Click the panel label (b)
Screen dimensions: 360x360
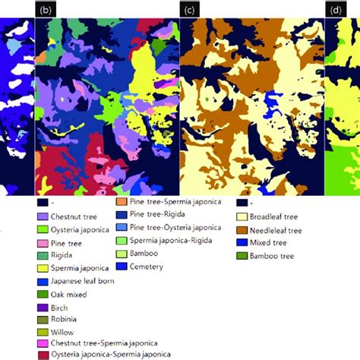pyautogui.click(x=46, y=10)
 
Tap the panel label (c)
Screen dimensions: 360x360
pyautogui.click(x=190, y=10)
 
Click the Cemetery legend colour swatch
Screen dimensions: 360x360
pyautogui.click(x=120, y=267)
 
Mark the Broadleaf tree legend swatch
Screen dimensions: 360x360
pyautogui.click(x=242, y=216)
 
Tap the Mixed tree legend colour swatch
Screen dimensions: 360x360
pyautogui.click(x=242, y=242)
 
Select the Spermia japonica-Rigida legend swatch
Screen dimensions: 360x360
pyautogui.click(x=120, y=241)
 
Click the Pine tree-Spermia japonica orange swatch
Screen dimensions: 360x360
pyautogui.click(x=120, y=202)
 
